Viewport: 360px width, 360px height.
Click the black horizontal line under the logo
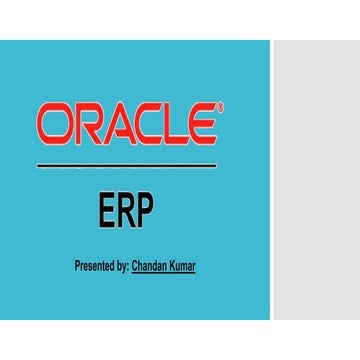pos(126,164)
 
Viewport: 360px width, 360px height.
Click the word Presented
pos(94,267)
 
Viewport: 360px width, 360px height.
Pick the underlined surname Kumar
pos(183,267)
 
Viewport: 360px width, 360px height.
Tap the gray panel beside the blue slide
pos(316,180)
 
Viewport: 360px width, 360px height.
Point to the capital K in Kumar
pos(173,267)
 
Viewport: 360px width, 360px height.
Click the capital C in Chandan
pos(135,267)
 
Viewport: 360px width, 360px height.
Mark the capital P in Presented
pos(77,267)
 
